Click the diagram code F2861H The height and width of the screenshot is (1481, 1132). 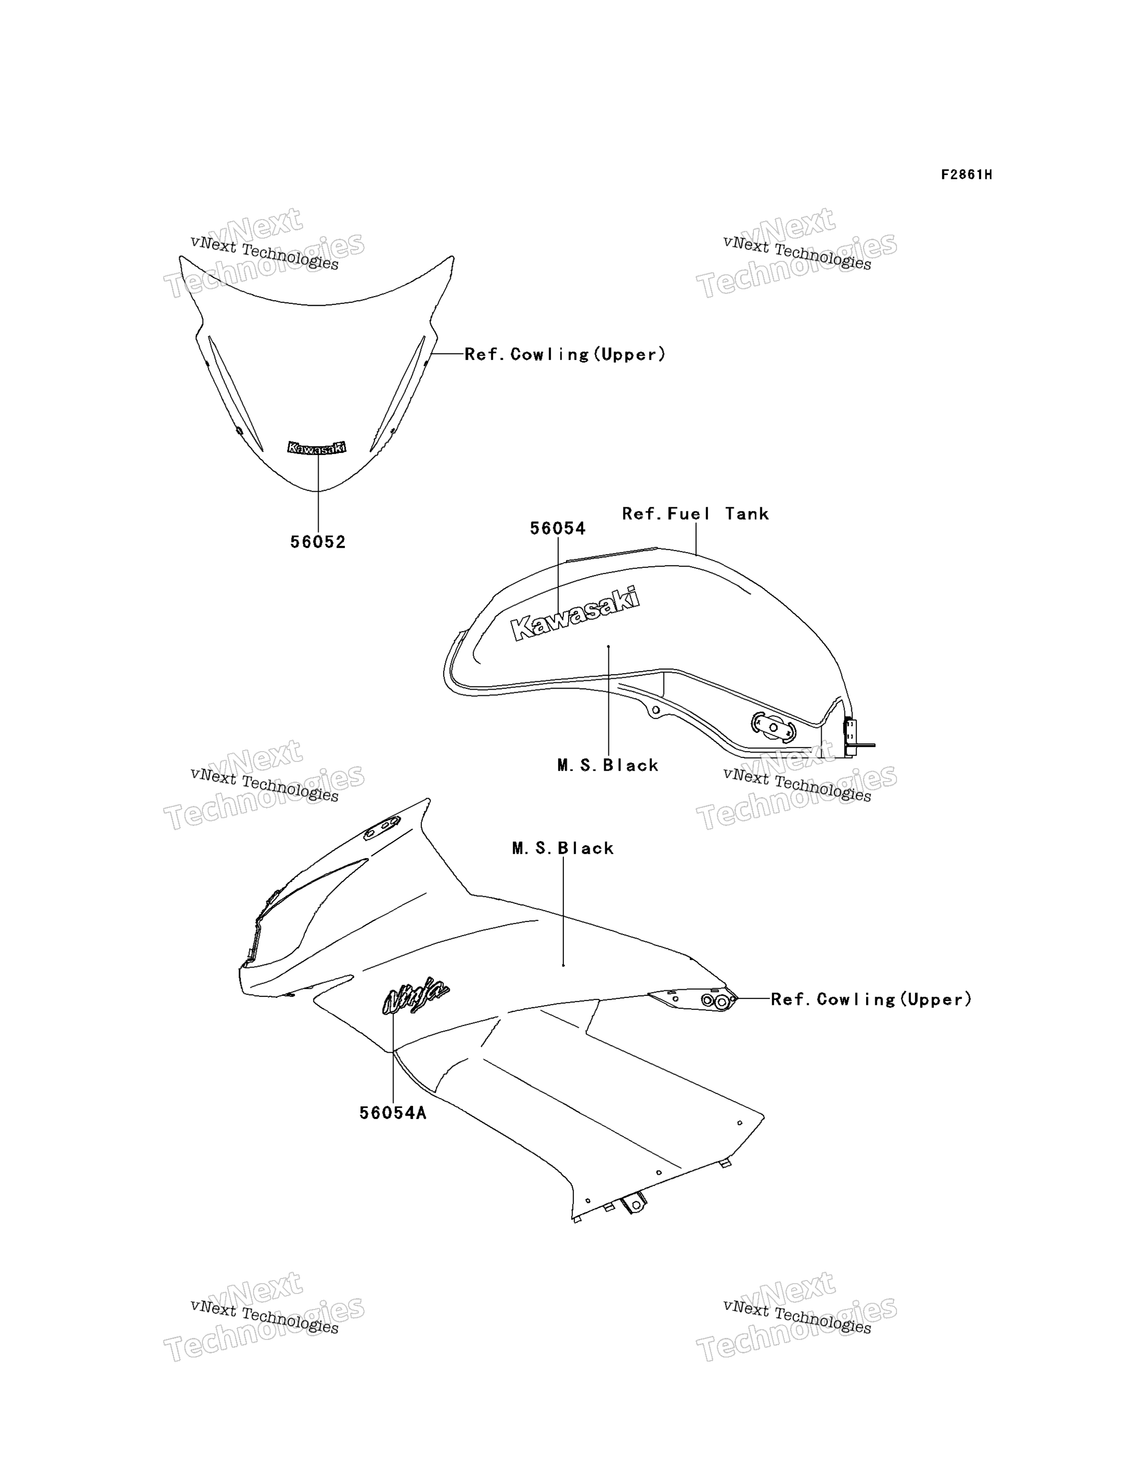click(966, 175)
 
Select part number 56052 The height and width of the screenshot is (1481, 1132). click(318, 542)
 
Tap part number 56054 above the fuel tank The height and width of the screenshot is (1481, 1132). click(558, 529)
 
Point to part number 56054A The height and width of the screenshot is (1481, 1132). click(393, 1113)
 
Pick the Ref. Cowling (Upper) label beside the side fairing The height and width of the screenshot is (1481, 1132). click(871, 1000)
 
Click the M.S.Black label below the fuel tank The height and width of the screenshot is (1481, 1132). click(608, 766)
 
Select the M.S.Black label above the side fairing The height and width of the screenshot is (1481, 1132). click(563, 849)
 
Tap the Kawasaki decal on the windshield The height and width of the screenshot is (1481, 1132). click(317, 447)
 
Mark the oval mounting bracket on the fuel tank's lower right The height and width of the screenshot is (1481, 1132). click(774, 727)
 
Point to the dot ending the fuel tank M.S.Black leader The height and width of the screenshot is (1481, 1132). click(608, 646)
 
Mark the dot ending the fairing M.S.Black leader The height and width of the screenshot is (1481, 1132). click(563, 965)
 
